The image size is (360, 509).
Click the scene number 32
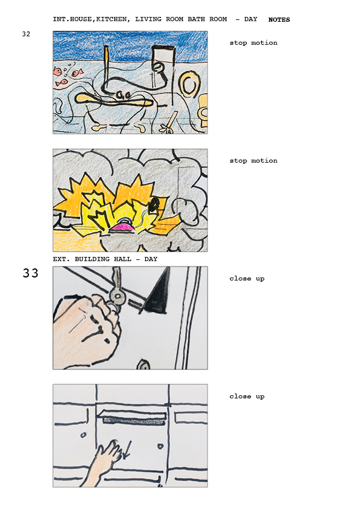click(x=26, y=34)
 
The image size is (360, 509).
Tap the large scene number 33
click(x=30, y=273)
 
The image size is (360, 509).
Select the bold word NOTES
click(x=279, y=19)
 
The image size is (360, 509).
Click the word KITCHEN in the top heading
click(x=111, y=19)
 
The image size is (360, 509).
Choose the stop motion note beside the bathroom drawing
click(x=254, y=42)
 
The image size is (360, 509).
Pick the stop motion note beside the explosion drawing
click(x=254, y=160)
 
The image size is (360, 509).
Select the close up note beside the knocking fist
click(x=247, y=279)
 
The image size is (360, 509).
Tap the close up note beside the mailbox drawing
click(x=247, y=397)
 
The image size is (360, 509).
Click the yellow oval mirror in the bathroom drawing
click(x=189, y=85)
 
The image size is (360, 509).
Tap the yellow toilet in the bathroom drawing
click(x=203, y=111)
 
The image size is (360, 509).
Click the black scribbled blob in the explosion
click(x=154, y=204)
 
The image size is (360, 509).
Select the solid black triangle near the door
click(x=157, y=292)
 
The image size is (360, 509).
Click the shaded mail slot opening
click(x=134, y=421)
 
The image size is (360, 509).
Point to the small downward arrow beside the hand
click(x=126, y=449)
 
